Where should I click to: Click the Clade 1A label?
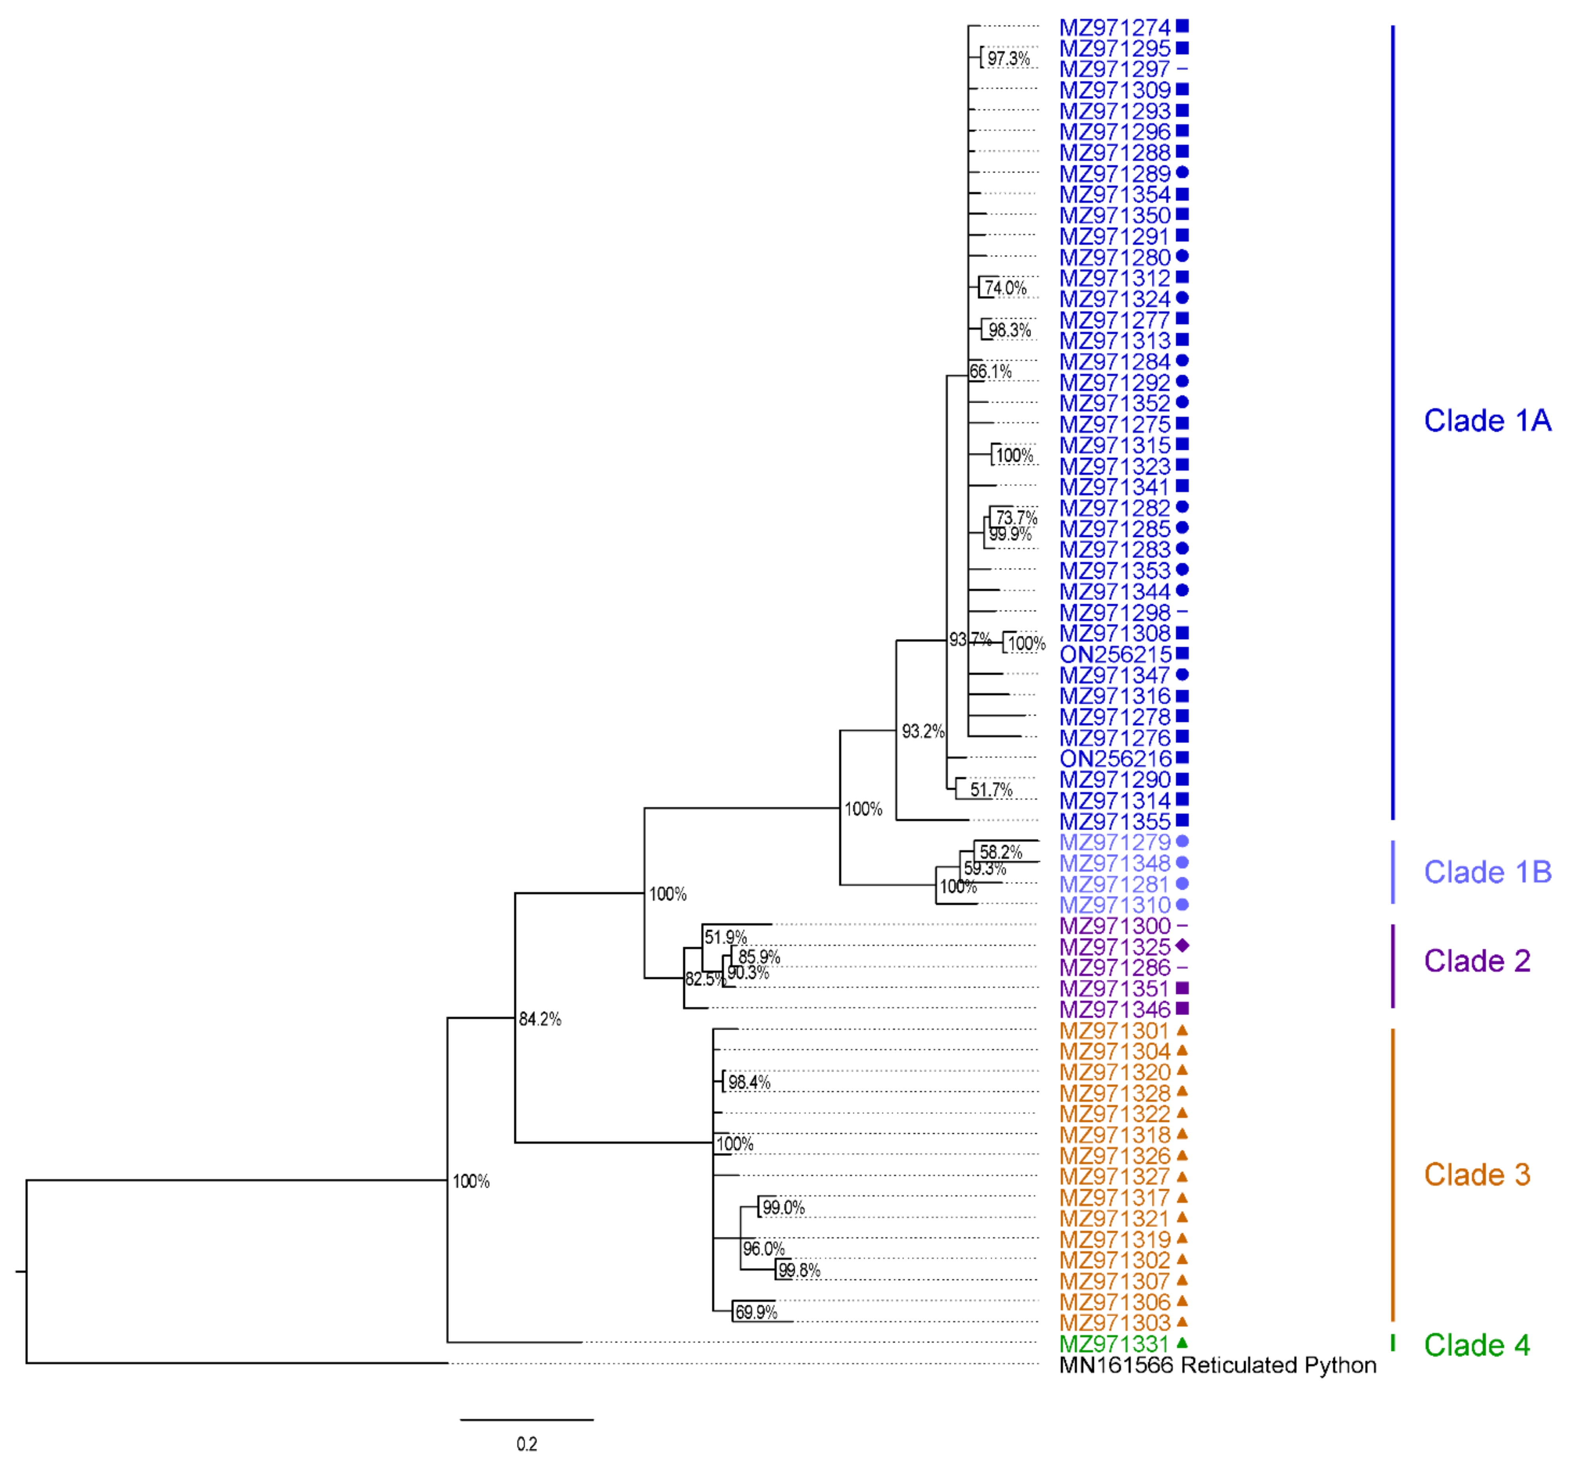pyautogui.click(x=1487, y=421)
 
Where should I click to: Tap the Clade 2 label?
pyautogui.click(x=1477, y=961)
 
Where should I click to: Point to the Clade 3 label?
pyautogui.click(x=1477, y=1175)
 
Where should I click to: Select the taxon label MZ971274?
pyautogui.click(x=1114, y=28)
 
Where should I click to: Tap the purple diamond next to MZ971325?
pyautogui.click(x=1181, y=945)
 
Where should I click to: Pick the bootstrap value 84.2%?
pyautogui.click(x=540, y=1019)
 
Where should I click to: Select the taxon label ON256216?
pyautogui.click(x=1114, y=759)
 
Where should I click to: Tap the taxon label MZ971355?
pyautogui.click(x=1114, y=821)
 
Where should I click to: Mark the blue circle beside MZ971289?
pyautogui.click(x=1181, y=172)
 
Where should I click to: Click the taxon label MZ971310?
pyautogui.click(x=1114, y=905)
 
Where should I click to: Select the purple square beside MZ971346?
pyautogui.click(x=1181, y=1008)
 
